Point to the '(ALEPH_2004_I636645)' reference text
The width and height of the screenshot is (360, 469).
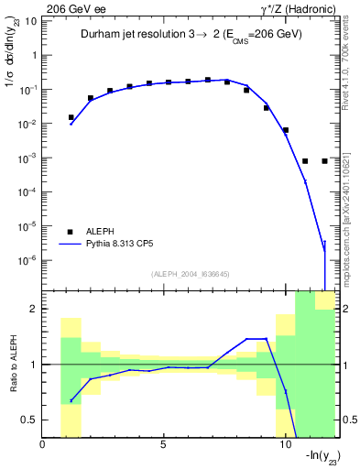tap(191, 273)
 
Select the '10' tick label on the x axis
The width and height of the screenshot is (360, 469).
tap(285, 446)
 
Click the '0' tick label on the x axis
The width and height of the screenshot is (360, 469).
tap(43, 446)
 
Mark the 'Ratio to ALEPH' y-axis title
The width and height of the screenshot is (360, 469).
tap(12, 365)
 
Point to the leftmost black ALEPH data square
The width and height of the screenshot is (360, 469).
tap(71, 117)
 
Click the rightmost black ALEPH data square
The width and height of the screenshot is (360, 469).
tap(325, 161)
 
